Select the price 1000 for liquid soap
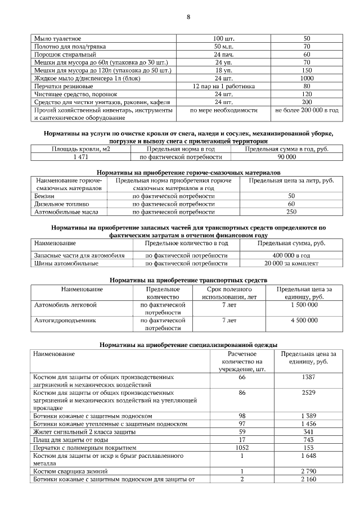[307, 78]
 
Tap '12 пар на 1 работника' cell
[223, 87]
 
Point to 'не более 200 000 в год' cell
[307, 111]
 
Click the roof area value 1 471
[80, 157]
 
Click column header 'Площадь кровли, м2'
[80, 149]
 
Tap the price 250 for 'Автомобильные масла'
[291, 212]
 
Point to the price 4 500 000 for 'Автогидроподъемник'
[304, 320]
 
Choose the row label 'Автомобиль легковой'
[66, 304]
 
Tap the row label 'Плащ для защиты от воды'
[69, 439]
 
